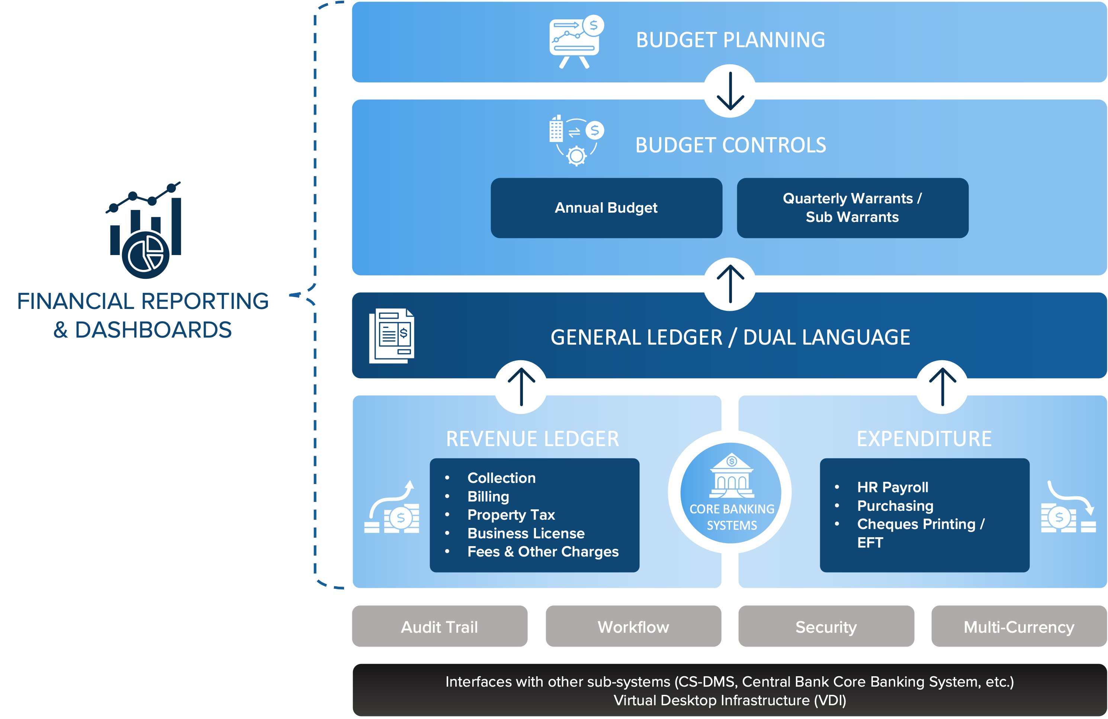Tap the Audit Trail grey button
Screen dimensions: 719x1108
click(x=440, y=626)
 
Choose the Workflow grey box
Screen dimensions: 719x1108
click(x=633, y=626)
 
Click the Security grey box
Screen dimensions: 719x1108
click(x=826, y=626)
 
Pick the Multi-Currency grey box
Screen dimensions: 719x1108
click(x=1019, y=626)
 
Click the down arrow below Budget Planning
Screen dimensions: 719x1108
click(x=729, y=91)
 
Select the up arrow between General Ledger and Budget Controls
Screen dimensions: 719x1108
click(x=729, y=284)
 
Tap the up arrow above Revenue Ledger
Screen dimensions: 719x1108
click(x=520, y=387)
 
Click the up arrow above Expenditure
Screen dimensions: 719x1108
click(x=942, y=387)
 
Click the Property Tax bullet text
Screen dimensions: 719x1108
click(x=511, y=515)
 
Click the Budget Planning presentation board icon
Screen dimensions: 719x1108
click(x=575, y=42)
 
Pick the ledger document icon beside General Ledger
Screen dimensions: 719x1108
click(x=392, y=336)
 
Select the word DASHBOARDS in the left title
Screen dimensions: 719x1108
click(x=153, y=330)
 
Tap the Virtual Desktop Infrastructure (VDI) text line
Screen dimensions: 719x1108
click(x=729, y=700)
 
